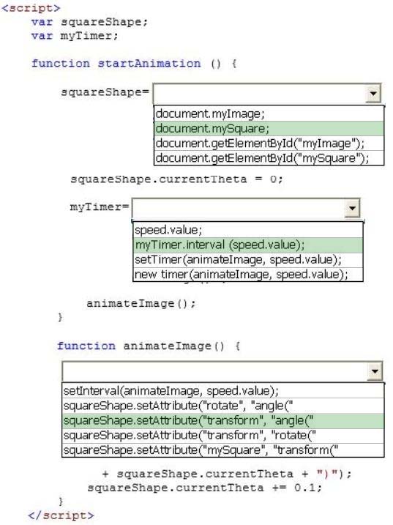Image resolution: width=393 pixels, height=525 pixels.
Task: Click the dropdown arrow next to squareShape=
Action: [373, 94]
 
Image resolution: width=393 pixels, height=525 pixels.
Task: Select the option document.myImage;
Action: [210, 113]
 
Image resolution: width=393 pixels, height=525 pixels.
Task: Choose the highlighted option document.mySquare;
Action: [212, 129]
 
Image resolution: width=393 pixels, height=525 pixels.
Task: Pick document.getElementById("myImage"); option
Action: [260, 144]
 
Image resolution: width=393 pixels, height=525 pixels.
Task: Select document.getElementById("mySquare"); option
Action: [262, 157]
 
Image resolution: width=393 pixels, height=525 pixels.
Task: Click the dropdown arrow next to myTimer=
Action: [352, 208]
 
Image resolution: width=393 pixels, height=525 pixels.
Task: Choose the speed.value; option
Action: [168, 230]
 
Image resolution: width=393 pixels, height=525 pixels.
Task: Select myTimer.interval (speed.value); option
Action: [220, 245]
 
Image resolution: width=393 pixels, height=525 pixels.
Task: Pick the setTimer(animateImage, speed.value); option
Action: [238, 259]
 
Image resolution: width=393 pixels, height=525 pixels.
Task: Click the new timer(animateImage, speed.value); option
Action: [241, 275]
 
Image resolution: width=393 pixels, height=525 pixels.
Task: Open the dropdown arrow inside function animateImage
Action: [375, 371]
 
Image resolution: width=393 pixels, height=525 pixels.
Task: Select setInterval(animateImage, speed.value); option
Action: [171, 391]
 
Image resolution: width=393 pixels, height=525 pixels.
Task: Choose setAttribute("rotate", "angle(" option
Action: [178, 406]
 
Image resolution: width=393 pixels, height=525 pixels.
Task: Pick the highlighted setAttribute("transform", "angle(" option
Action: [188, 420]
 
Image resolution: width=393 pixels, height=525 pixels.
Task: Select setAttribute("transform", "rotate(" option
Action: [190, 435]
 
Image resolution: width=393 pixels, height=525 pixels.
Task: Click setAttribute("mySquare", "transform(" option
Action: [201, 450]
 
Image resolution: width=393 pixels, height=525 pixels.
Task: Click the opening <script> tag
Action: [31, 8]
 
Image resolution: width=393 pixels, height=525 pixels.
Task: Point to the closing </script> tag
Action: [61, 515]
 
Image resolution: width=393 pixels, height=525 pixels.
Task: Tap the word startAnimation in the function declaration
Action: [149, 63]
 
